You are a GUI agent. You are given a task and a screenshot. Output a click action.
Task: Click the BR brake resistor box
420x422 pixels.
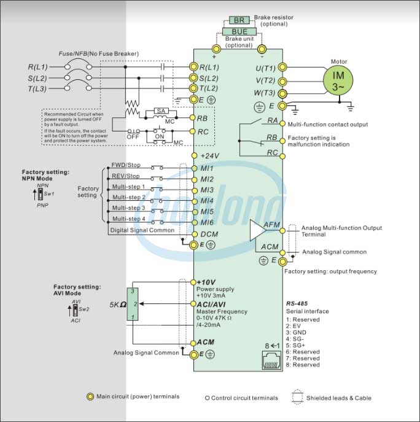[239, 20]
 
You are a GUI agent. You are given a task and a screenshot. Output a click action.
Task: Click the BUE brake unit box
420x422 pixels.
[239, 31]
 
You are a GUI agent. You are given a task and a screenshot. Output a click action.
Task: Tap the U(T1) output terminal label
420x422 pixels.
[265, 67]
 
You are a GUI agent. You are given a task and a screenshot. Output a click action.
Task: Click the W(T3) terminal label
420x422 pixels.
[265, 93]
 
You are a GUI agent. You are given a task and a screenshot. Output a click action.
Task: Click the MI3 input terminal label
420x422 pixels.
[207, 190]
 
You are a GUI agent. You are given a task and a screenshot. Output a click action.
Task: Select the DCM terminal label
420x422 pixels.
[209, 235]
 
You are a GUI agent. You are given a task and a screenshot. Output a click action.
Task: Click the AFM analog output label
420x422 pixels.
[271, 225]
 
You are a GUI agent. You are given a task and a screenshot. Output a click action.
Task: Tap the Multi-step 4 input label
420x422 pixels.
[128, 219]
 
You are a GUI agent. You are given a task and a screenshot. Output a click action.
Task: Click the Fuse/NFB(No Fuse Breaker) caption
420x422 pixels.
[98, 54]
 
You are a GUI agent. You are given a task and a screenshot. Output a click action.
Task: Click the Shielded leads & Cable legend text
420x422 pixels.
[339, 398]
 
